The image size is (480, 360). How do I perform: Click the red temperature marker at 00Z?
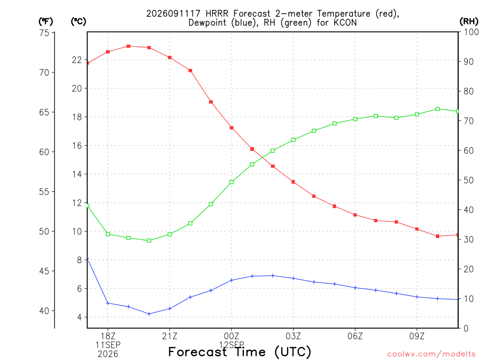click(x=232, y=127)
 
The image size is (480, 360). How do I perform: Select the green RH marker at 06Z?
click(x=355, y=119)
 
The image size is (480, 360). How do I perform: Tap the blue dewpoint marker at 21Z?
click(x=170, y=308)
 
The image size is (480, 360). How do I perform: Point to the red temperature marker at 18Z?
click(x=108, y=52)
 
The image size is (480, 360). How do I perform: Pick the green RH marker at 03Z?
click(x=293, y=140)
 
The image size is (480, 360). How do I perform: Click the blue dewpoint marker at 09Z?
click(x=417, y=297)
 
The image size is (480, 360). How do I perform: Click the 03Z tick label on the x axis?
click(x=293, y=337)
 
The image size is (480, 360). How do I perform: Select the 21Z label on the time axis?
click(x=170, y=337)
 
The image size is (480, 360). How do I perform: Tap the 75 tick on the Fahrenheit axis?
click(x=44, y=32)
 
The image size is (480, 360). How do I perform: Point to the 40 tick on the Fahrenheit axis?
click(x=44, y=311)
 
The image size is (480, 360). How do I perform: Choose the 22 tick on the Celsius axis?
click(x=77, y=60)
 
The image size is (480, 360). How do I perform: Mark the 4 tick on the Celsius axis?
click(x=80, y=317)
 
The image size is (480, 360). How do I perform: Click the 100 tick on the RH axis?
click(x=471, y=32)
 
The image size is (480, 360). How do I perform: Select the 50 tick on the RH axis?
click(x=468, y=180)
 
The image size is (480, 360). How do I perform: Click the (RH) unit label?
click(x=469, y=22)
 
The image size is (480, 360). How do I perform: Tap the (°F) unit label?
click(x=45, y=22)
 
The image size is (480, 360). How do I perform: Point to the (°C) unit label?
click(x=78, y=22)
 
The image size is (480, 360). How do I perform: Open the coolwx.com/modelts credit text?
click(x=431, y=354)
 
